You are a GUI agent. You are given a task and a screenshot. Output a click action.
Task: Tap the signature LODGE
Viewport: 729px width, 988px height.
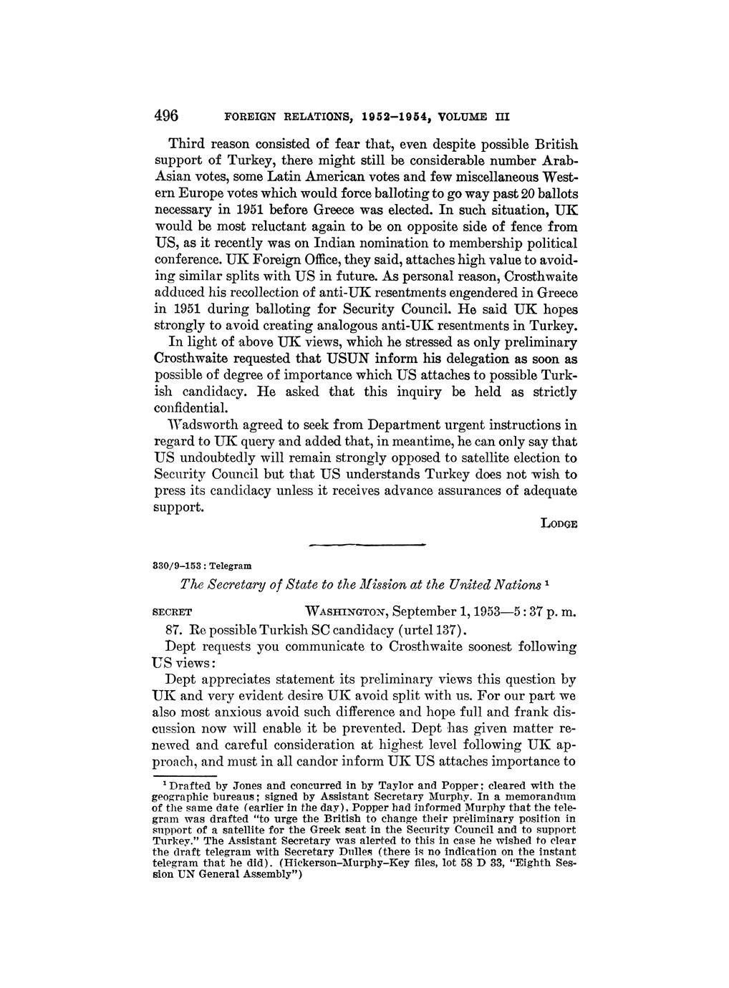click(x=559, y=523)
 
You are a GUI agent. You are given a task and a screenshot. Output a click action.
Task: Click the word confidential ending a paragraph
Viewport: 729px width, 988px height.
click(x=192, y=408)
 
